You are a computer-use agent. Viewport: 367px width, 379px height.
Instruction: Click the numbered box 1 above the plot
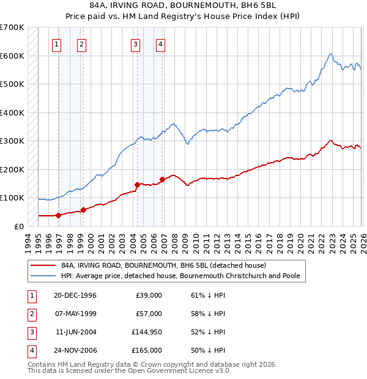[56, 43]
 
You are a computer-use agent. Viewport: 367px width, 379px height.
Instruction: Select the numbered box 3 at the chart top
[135, 43]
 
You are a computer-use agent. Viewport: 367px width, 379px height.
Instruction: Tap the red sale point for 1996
[59, 215]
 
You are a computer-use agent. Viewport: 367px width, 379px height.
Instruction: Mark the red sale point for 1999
[83, 210]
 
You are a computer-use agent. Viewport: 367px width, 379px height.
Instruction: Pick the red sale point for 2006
[163, 179]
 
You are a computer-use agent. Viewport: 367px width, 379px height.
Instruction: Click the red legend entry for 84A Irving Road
[163, 266]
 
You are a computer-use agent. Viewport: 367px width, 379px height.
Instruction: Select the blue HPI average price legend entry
[180, 276]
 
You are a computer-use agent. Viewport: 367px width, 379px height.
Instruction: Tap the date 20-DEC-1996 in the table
[75, 295]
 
